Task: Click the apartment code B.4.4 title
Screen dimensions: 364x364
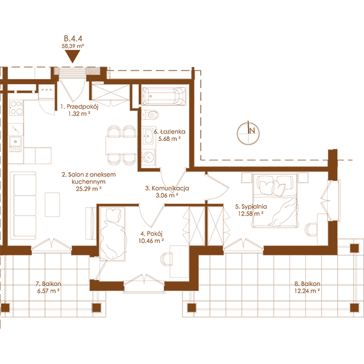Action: click(73, 38)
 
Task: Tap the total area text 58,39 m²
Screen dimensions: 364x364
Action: click(73, 46)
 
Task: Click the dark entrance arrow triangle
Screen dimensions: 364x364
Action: click(73, 56)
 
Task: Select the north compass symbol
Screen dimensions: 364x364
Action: click(248, 133)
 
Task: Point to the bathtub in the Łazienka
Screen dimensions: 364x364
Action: click(164, 96)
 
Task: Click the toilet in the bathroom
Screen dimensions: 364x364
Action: click(150, 114)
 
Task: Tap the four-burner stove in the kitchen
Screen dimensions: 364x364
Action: click(16, 107)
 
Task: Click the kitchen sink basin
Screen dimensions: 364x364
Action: click(15, 142)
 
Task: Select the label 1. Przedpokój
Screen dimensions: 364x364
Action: click(80, 106)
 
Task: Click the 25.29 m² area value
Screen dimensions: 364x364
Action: click(89, 189)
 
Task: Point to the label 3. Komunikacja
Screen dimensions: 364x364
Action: click(167, 188)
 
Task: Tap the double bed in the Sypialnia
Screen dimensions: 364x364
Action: click(275, 200)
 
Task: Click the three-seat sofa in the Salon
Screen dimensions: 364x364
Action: click(25, 206)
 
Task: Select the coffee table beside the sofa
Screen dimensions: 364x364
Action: click(52, 204)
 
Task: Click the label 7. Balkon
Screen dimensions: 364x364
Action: click(48, 284)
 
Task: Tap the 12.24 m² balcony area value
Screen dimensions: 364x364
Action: click(307, 291)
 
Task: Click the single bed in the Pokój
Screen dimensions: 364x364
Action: click(113, 234)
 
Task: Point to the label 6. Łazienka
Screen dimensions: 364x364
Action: click(169, 131)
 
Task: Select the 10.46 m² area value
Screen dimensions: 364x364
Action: click(151, 241)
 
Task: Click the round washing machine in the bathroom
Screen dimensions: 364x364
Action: click(148, 157)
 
